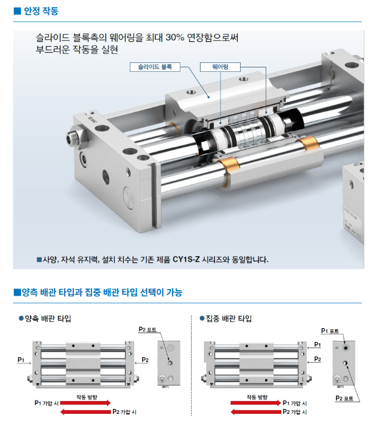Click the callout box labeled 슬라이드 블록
pos(155,67)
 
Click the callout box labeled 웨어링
pos(220,67)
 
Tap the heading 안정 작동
pos(41,11)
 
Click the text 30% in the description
pos(175,37)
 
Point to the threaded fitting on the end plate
pos(75,138)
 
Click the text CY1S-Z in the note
pos(186,260)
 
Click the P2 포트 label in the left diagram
pos(148,330)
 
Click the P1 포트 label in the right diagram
pos(330,331)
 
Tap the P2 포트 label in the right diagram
pos(344,398)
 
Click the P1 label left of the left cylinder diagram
pos(21,360)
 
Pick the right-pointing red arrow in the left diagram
pos(85,403)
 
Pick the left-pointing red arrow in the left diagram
pos(85,412)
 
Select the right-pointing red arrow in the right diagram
pos(256,403)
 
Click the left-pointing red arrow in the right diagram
pos(256,412)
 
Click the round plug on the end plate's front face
pos(129,197)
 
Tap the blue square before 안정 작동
pos(17,11)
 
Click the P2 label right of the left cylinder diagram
pos(145,360)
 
